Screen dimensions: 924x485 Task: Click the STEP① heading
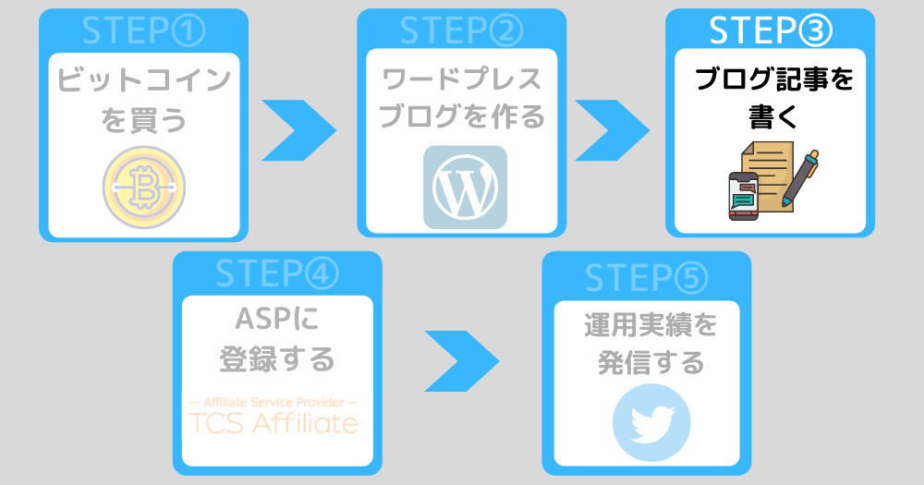(x=144, y=31)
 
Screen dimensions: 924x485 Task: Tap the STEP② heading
(x=461, y=31)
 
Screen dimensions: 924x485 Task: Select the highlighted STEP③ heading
(x=771, y=31)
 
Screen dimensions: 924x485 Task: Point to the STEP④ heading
(x=277, y=273)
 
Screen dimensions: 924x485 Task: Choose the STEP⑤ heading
(x=647, y=277)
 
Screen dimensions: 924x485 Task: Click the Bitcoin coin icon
(x=144, y=188)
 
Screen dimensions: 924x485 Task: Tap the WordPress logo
(x=465, y=188)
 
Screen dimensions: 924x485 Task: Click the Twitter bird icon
(x=651, y=422)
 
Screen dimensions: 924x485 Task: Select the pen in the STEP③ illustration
(x=799, y=178)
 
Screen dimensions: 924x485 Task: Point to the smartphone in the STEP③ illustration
(x=744, y=196)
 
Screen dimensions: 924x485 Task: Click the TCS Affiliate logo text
(x=274, y=424)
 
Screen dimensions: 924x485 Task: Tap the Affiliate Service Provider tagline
(x=274, y=403)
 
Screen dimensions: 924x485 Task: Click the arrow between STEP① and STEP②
(x=298, y=130)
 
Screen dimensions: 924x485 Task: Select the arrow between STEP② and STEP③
(x=613, y=130)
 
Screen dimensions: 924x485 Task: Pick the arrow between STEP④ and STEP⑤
(x=462, y=361)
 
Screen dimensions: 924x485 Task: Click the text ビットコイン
(x=144, y=80)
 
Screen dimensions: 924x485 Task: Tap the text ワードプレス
(x=462, y=79)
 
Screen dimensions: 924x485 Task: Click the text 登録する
(x=277, y=359)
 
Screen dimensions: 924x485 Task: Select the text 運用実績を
(x=650, y=325)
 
